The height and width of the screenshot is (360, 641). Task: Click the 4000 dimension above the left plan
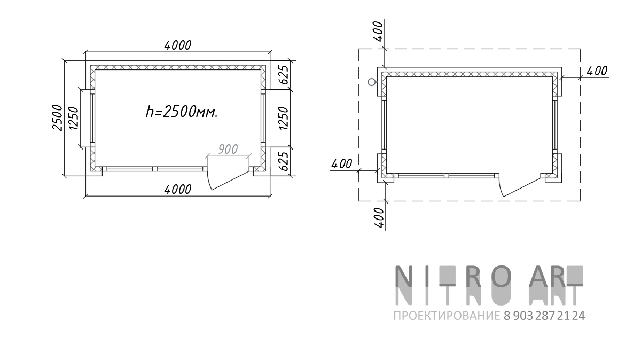178,45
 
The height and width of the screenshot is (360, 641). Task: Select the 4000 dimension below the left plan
178,190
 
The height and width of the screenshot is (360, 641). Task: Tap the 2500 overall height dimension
58,118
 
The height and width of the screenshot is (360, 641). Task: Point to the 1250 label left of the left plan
74,118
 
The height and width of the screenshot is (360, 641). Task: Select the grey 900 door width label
228,149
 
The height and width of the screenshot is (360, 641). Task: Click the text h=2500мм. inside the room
182,112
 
